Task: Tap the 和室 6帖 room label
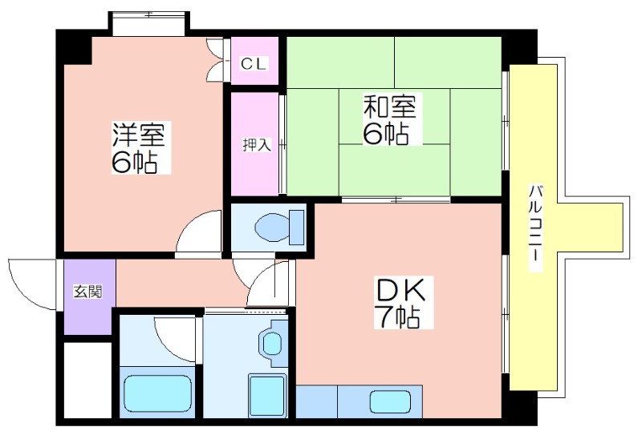pos(390,119)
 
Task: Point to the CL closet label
pos(254,63)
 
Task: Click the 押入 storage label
pos(257,144)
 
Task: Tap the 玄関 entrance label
pos(88,292)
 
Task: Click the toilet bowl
pos(272,226)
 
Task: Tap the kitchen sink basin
pos(390,401)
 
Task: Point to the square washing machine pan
pos(267,395)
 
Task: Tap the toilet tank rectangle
pos(297,228)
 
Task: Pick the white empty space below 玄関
pos(87,381)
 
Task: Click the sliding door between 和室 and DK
pos(396,200)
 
